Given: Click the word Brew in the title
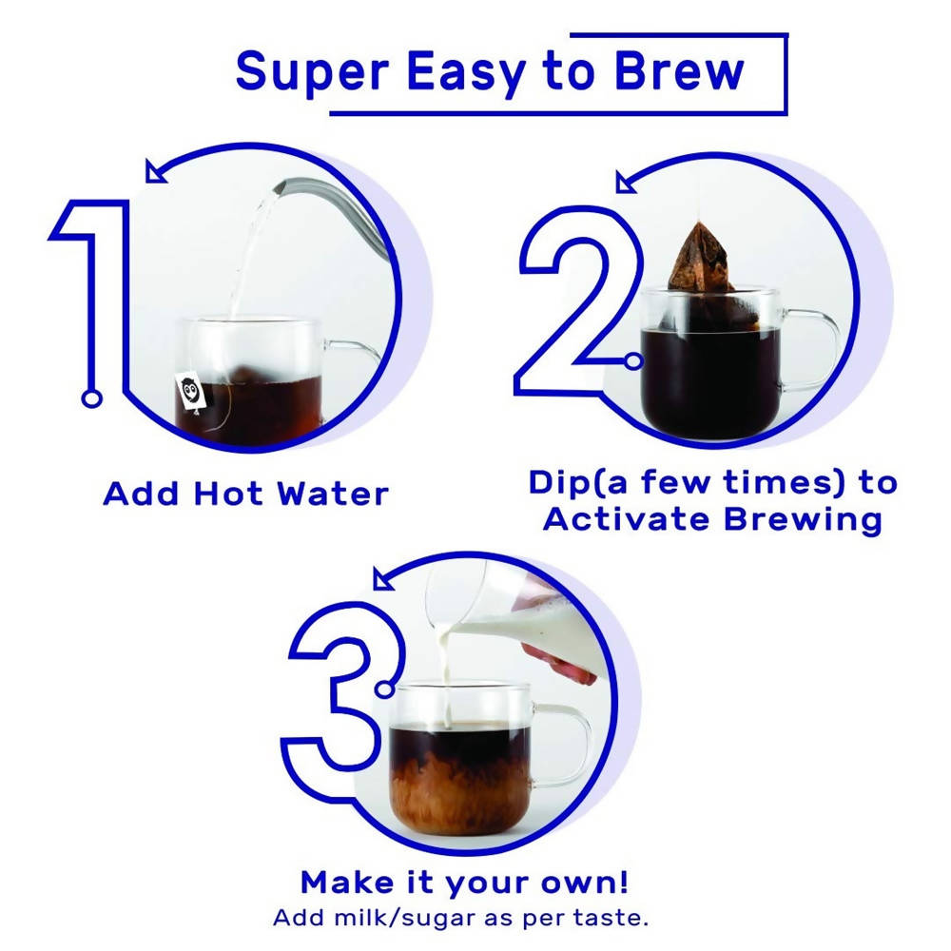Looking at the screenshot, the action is pos(679,71).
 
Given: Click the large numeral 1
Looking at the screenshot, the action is pos(91,291).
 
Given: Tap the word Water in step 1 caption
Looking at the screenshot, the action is pos(332,494).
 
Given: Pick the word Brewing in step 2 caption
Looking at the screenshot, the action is pos(803,521).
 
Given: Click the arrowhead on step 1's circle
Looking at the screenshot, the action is pos(155,171).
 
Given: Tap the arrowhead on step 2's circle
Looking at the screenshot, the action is pos(625,183).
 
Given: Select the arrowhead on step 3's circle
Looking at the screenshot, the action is pos(382,578).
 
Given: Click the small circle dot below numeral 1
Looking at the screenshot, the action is pos(91,398).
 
